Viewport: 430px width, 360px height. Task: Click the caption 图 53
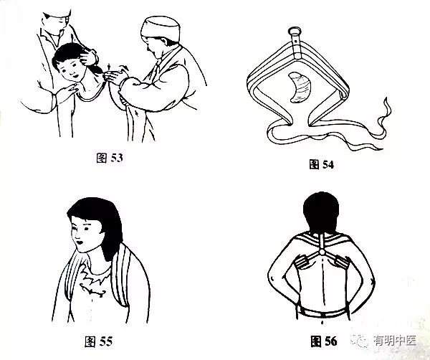[x=110, y=158]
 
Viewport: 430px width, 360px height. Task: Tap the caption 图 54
[x=321, y=164]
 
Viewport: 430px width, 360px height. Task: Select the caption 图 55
[x=98, y=341]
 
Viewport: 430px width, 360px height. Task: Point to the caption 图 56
[x=324, y=341]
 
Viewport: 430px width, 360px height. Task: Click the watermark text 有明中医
[x=395, y=341]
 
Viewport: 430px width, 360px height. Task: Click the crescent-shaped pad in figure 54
[x=299, y=87]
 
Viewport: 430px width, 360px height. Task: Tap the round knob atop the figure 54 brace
[x=295, y=30]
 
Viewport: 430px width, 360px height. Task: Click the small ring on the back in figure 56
[x=322, y=252]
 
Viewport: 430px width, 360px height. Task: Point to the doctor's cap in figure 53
[x=161, y=29]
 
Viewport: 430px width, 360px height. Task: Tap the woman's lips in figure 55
[x=80, y=242]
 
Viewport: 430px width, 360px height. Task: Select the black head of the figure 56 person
[x=321, y=213]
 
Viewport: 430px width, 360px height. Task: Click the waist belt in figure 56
[x=322, y=313]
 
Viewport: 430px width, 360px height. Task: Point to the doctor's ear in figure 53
[x=164, y=42]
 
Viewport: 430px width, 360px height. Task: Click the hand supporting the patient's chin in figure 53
[x=66, y=93]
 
